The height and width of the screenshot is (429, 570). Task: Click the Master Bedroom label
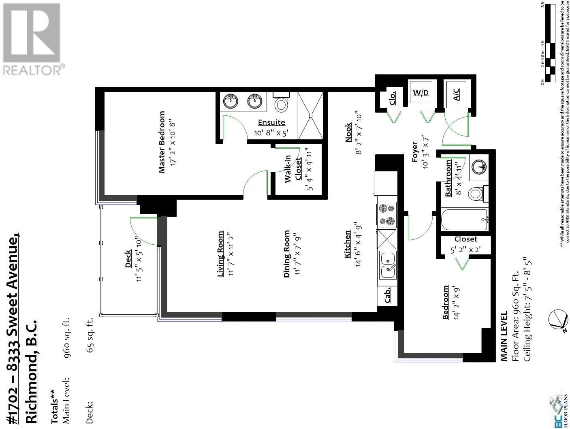click(162, 142)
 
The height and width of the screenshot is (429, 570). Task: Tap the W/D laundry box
click(421, 93)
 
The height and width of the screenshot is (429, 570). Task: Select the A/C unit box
click(456, 94)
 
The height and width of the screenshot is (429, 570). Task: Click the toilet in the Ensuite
click(281, 102)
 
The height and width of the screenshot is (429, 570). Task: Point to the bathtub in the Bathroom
click(464, 220)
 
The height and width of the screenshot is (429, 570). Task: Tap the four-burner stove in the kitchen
click(386, 215)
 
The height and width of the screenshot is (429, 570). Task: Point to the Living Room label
click(220, 254)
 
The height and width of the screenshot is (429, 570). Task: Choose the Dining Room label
click(287, 254)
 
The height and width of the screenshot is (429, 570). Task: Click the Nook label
click(348, 133)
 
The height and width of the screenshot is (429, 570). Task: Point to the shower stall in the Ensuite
click(311, 115)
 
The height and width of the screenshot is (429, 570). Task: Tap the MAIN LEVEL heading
click(504, 336)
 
